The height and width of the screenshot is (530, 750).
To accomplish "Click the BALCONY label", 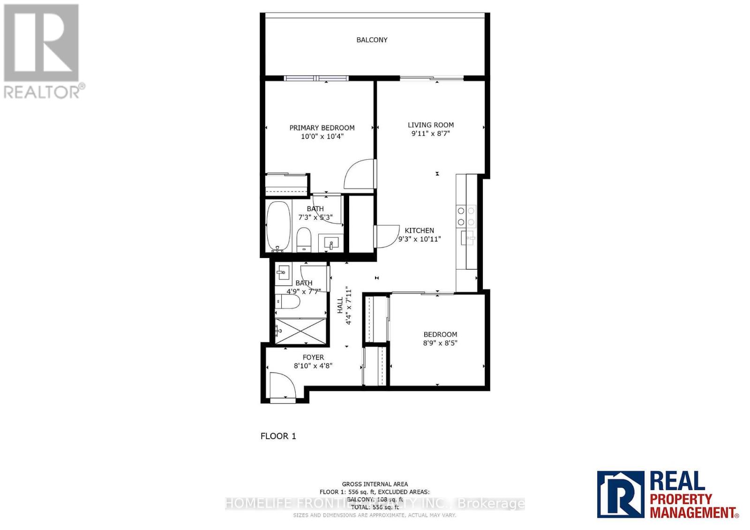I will click(x=372, y=40).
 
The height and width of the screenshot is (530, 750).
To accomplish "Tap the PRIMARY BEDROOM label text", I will click(x=322, y=128).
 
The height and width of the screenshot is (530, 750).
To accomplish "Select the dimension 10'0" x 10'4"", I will click(x=322, y=137).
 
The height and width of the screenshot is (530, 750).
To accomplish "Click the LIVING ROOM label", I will click(x=430, y=125).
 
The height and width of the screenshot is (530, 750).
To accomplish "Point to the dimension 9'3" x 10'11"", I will click(x=419, y=239).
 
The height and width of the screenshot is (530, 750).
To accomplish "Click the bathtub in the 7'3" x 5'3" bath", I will click(x=278, y=226).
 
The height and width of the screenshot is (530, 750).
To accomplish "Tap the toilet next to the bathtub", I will click(x=304, y=239).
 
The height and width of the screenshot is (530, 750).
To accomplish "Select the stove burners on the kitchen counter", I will click(x=466, y=216).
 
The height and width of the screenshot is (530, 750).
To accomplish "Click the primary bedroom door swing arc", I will click(x=360, y=175).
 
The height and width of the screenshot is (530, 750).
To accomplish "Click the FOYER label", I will click(x=313, y=358).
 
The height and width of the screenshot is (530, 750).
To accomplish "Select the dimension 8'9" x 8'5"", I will click(x=440, y=343).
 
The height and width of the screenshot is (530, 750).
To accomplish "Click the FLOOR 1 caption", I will click(x=278, y=436).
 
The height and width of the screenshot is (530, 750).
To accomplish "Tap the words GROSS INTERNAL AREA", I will click(x=375, y=484).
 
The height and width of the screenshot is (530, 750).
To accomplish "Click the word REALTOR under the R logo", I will click(x=42, y=92).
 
